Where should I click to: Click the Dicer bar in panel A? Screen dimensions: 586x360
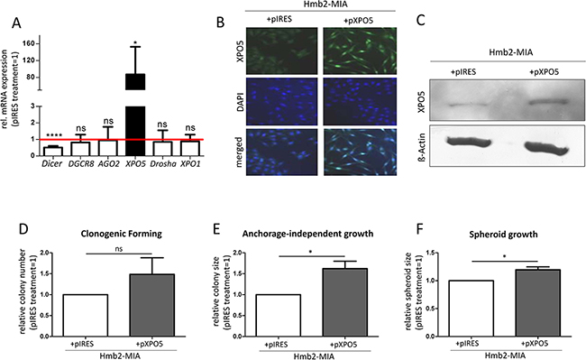(52, 151)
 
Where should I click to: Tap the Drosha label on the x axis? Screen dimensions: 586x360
(162, 163)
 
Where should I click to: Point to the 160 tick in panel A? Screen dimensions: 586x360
(30, 43)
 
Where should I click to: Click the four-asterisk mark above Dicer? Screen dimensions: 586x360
(54, 136)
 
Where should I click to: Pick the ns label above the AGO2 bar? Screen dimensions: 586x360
(108, 121)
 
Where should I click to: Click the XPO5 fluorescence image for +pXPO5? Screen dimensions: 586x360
(360, 51)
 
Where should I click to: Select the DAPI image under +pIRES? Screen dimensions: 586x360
(281, 101)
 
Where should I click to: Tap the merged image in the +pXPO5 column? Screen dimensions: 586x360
(360, 152)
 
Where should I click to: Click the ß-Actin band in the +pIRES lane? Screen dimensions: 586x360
(468, 143)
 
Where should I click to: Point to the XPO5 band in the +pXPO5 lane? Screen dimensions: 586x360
(550, 101)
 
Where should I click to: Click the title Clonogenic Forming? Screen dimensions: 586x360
(122, 234)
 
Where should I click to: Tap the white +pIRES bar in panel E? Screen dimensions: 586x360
(278, 316)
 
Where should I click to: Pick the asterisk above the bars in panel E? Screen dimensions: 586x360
(310, 253)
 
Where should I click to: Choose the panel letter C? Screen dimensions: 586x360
(421, 20)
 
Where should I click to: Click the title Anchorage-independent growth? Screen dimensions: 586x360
(307, 234)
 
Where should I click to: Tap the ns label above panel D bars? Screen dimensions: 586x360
(119, 249)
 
